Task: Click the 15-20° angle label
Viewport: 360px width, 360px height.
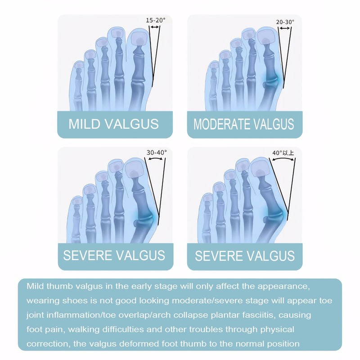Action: pos(156,20)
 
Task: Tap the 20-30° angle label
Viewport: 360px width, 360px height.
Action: pos(285,22)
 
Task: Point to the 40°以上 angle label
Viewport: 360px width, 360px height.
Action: pos(283,153)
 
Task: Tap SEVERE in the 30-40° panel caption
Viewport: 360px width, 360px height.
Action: pos(87,255)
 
